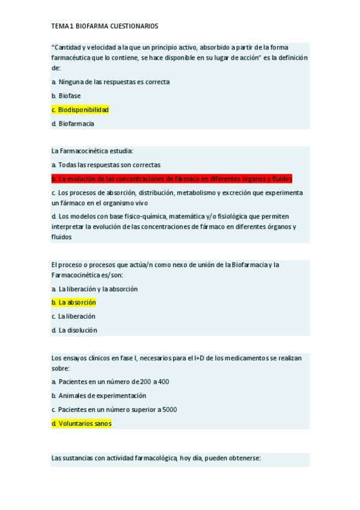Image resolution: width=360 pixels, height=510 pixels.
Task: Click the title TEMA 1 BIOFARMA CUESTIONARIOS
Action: tap(105, 26)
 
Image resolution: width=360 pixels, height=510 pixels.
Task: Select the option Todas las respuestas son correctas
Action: tap(106, 165)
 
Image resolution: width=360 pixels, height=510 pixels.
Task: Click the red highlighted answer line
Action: tap(172, 179)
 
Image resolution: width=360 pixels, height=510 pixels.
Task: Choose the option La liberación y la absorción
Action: tap(94, 289)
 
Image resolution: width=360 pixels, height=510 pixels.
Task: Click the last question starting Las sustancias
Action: tap(156, 458)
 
